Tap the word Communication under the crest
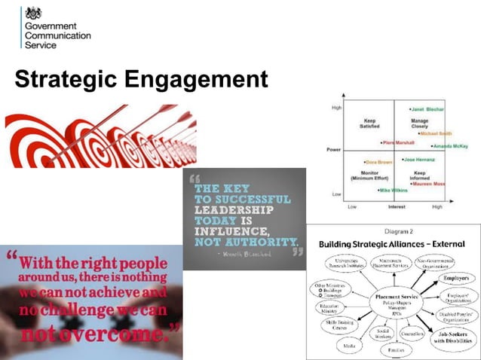pyautogui.click(x=58, y=35)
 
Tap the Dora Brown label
pyautogui.click(x=379, y=163)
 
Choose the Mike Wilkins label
pyautogui.click(x=393, y=191)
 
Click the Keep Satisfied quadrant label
pyautogui.click(x=369, y=122)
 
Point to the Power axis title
pyautogui.click(x=333, y=150)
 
